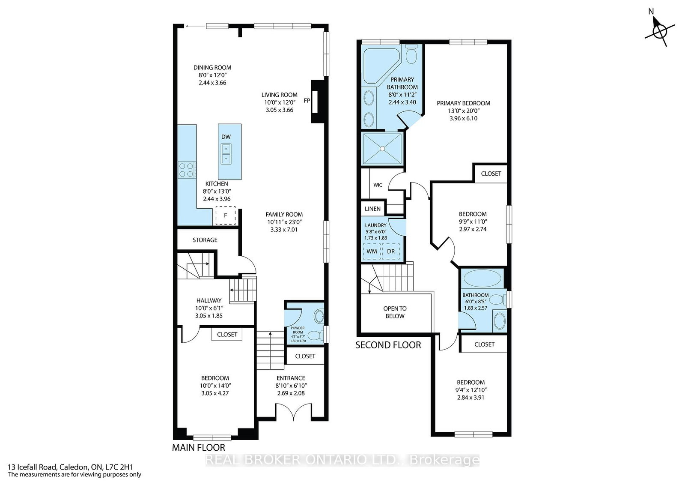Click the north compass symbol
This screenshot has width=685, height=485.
click(x=660, y=32)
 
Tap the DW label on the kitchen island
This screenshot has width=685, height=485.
click(x=226, y=137)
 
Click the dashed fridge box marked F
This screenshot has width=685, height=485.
click(x=225, y=216)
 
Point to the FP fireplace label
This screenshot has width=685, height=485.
click(x=307, y=100)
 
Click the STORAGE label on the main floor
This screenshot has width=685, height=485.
click(x=205, y=240)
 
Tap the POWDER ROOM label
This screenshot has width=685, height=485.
click(x=298, y=330)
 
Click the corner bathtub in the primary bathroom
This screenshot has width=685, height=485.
click(x=381, y=65)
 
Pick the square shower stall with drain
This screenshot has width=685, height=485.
click(x=382, y=148)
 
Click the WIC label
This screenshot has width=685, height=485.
click(x=378, y=185)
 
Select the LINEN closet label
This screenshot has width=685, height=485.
click(x=372, y=209)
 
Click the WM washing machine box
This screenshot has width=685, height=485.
click(x=372, y=251)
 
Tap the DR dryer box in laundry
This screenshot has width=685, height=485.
click(x=391, y=251)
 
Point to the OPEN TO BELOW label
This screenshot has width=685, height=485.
click(x=395, y=312)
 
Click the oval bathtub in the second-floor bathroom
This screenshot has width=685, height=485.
click(x=482, y=279)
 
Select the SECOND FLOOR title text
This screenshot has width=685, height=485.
click(x=388, y=345)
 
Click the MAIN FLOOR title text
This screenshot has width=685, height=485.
click(x=199, y=447)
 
